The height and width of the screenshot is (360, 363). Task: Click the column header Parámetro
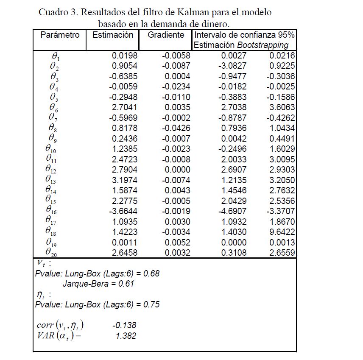tap(60, 35)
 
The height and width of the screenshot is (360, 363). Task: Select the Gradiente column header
tap(166, 35)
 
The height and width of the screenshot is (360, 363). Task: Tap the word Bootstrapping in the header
tap(262, 45)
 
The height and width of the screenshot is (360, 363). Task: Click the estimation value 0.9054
tap(125, 66)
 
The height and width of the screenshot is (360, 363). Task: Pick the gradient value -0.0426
tap(176, 128)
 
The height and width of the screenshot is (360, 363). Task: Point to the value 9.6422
tap(282, 232)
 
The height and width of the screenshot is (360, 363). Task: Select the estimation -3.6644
tap(123, 211)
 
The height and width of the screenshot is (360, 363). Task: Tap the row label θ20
tap(50, 253)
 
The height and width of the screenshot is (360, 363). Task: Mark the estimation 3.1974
tap(125, 180)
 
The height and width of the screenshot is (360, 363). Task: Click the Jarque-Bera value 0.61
tap(127, 284)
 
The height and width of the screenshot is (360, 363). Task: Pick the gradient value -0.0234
tap(176, 87)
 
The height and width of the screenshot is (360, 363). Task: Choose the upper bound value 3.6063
tap(282, 107)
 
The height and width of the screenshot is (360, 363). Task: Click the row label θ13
tap(50, 180)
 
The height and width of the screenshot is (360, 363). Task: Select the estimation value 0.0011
tap(125, 243)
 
